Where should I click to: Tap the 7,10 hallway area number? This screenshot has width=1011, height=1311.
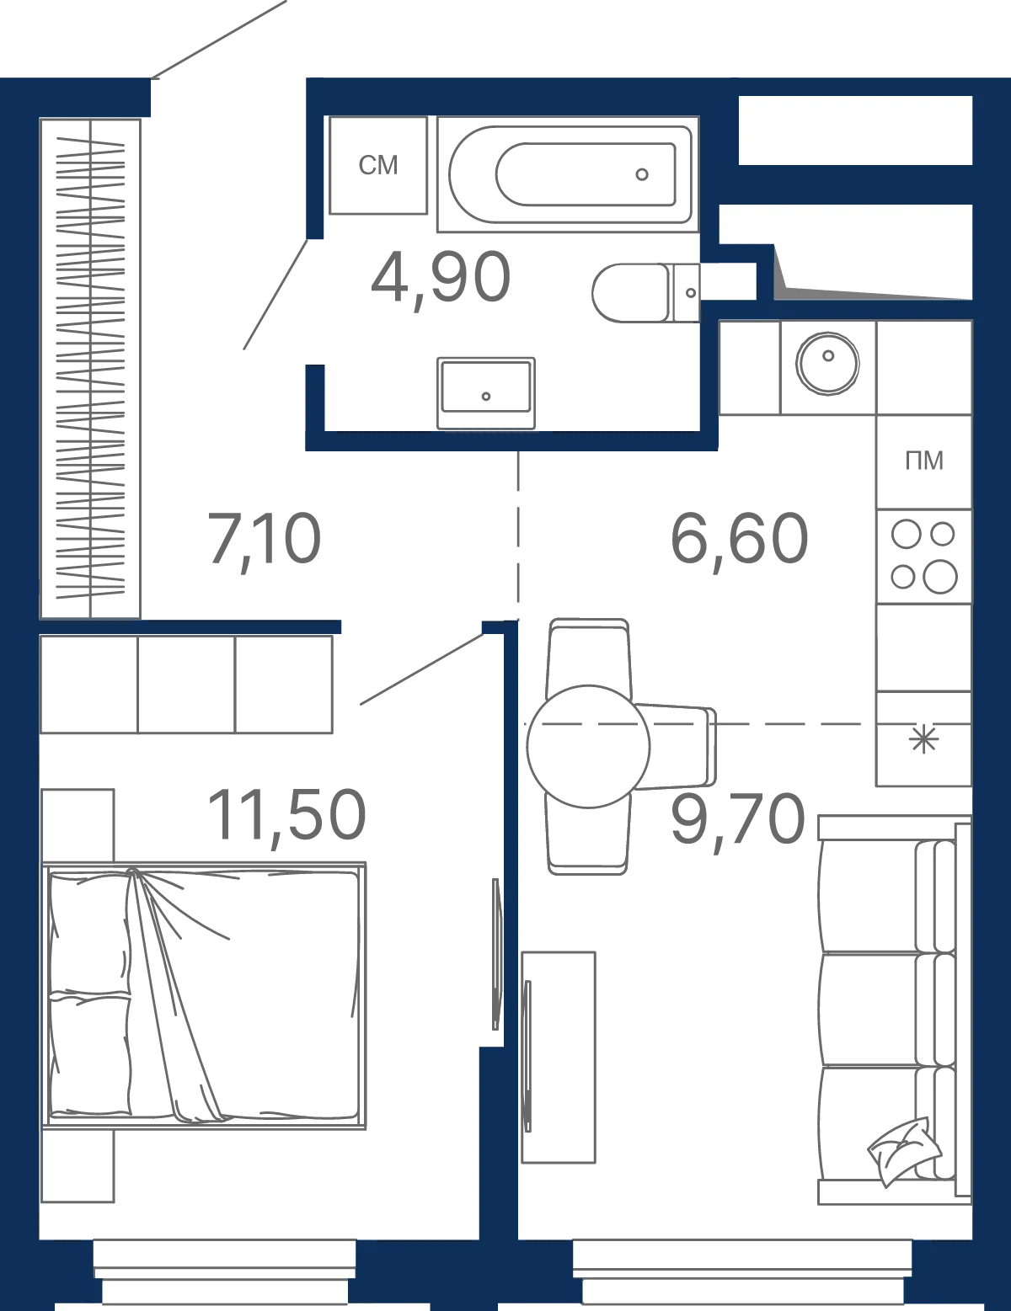click(264, 540)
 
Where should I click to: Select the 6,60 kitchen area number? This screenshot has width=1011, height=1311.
click(739, 540)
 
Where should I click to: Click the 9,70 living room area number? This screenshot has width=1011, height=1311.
click(737, 820)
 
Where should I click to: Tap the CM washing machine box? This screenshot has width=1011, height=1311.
click(378, 165)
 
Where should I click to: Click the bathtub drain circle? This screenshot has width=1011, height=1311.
click(642, 174)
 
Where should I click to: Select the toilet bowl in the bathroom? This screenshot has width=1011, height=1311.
click(631, 293)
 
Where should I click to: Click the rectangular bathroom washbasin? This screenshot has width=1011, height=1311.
click(486, 392)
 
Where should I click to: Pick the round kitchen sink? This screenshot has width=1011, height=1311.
click(827, 364)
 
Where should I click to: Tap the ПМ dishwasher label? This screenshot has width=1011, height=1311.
click(924, 461)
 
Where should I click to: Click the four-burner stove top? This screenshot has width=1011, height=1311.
click(924, 557)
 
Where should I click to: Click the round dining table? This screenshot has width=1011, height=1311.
click(588, 746)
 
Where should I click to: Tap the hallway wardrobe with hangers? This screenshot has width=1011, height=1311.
click(90, 369)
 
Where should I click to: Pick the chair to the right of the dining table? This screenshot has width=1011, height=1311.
click(675, 747)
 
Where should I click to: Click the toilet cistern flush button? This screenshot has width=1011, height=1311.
click(691, 293)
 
